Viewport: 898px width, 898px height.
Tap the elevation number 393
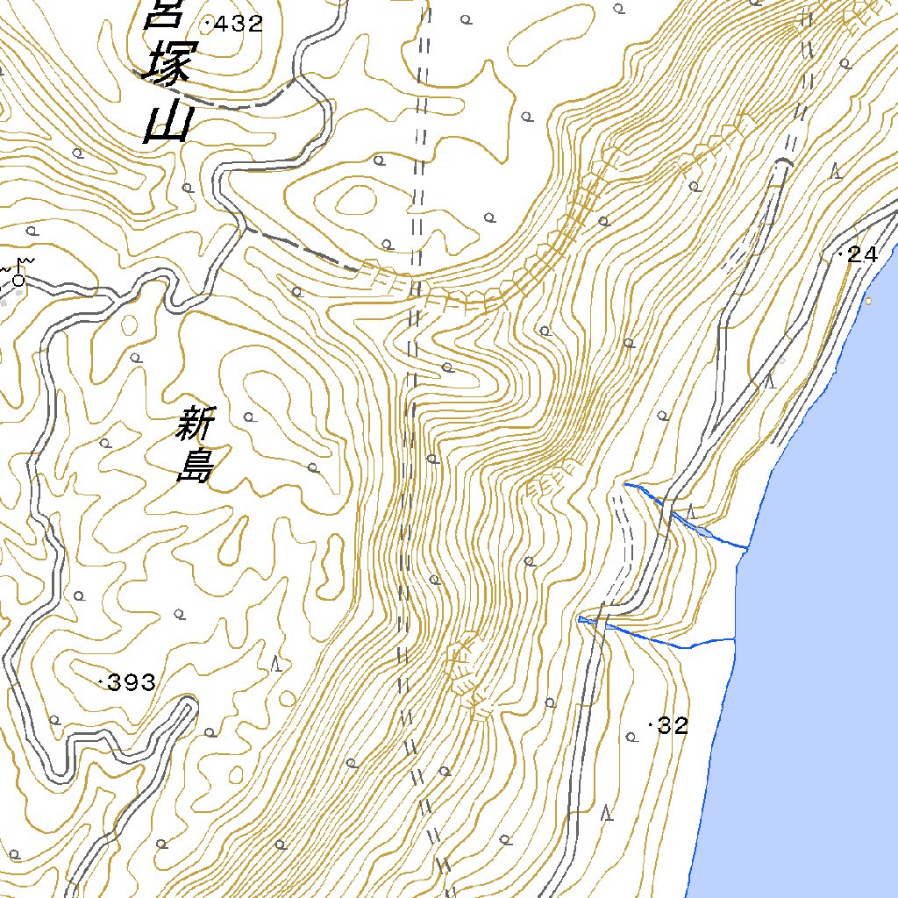(x=132, y=682)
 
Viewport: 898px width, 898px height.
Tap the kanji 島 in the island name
(x=195, y=466)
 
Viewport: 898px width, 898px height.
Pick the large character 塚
(x=165, y=63)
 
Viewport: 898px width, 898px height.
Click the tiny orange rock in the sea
(x=869, y=302)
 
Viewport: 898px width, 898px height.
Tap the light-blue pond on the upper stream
(x=702, y=529)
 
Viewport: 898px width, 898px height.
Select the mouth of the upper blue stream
(x=746, y=548)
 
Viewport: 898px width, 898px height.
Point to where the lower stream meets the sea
(x=734, y=639)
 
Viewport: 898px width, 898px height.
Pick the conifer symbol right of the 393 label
(x=278, y=664)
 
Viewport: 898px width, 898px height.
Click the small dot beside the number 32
(x=650, y=725)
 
